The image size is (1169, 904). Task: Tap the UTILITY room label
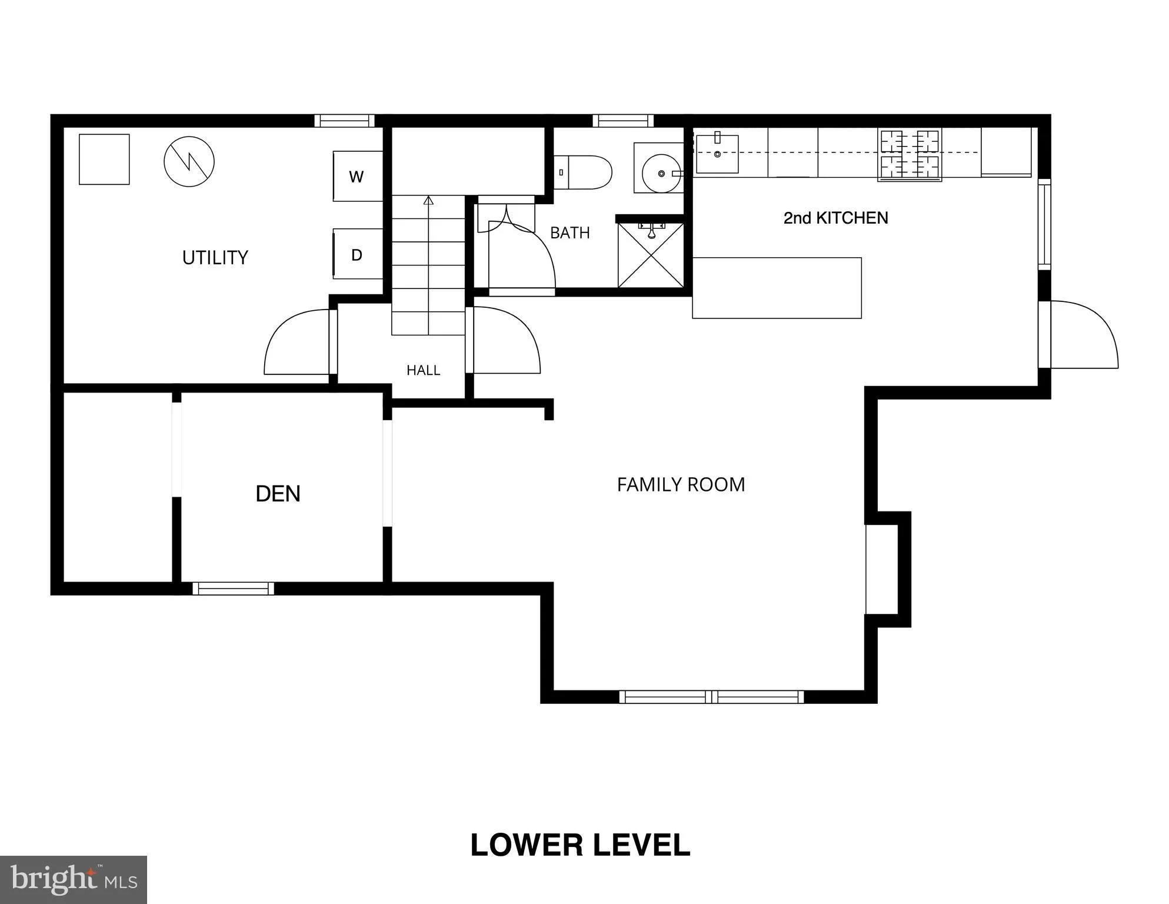(215, 258)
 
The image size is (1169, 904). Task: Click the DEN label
(278, 493)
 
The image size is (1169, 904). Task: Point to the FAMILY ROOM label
(681, 484)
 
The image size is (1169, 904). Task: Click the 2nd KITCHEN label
(835, 218)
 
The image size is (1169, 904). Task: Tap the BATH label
(569, 233)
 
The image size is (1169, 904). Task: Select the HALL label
(423, 370)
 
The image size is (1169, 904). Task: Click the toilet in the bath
(583, 172)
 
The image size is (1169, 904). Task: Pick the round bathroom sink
(662, 174)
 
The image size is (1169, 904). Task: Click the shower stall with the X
(651, 255)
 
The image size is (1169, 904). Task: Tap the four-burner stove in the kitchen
(910, 155)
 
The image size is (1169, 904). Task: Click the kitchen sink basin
(717, 154)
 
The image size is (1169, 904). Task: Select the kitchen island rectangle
(777, 288)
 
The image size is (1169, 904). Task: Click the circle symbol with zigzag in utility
(189, 162)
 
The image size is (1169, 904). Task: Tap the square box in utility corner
(104, 159)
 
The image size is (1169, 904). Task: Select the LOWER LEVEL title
(580, 845)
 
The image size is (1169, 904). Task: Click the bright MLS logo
(74, 879)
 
